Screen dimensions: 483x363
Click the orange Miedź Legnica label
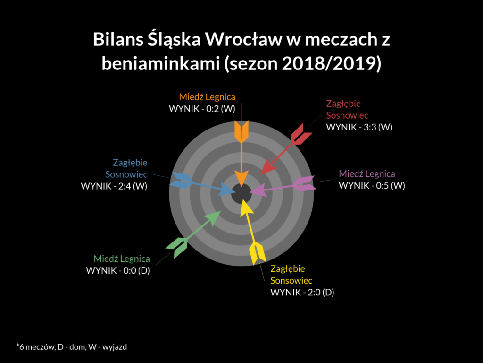(207, 97)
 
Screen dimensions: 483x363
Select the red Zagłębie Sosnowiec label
(347, 109)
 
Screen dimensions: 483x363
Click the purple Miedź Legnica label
(367, 174)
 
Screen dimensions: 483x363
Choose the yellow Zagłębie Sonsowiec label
(291, 275)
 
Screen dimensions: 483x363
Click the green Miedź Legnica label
(122, 259)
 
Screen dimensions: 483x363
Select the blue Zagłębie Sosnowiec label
(126, 168)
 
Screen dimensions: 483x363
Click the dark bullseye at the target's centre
(241, 194)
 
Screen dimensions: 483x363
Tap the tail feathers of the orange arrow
(241, 132)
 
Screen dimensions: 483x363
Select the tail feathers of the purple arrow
(305, 183)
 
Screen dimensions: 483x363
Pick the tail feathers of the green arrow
(177, 247)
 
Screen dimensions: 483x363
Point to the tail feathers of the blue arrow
(182, 180)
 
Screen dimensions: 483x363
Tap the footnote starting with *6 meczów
(72, 347)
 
